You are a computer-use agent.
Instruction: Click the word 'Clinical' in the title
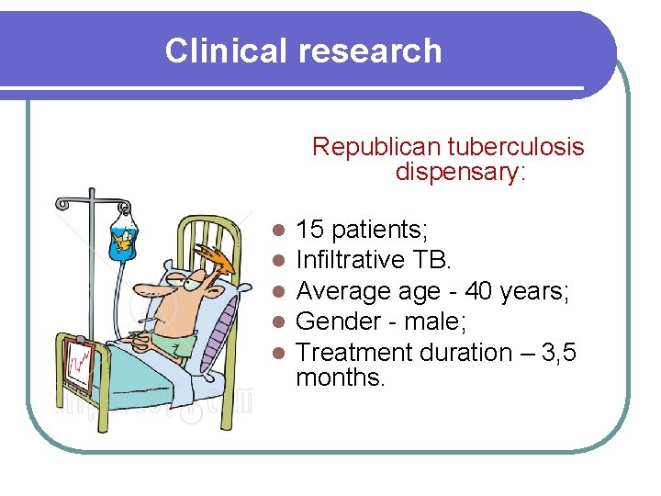click(226, 51)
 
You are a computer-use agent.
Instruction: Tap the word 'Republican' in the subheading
click(376, 147)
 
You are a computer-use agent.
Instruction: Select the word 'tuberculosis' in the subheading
click(516, 147)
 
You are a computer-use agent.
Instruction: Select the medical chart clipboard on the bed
click(80, 365)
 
